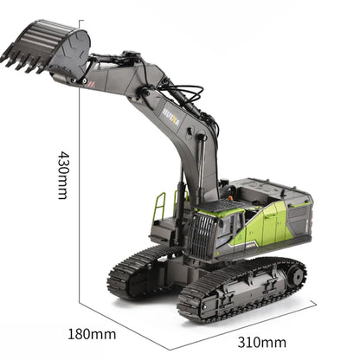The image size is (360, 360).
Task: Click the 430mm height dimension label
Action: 63,175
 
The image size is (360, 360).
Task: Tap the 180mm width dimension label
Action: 93,333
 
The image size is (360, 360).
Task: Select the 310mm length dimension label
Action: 261,342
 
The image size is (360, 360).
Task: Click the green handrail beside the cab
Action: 160,208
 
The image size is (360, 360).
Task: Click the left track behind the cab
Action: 138,270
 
